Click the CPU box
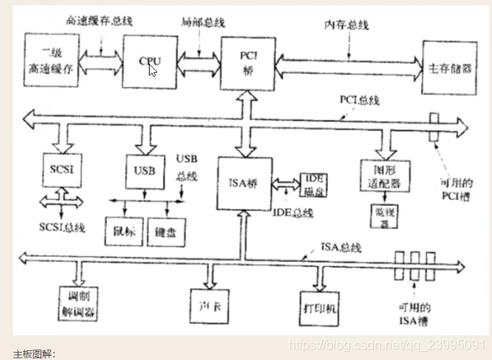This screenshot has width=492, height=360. click(x=150, y=61)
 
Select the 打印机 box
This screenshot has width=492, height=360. click(x=320, y=308)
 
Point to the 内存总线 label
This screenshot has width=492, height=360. click(x=349, y=24)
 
